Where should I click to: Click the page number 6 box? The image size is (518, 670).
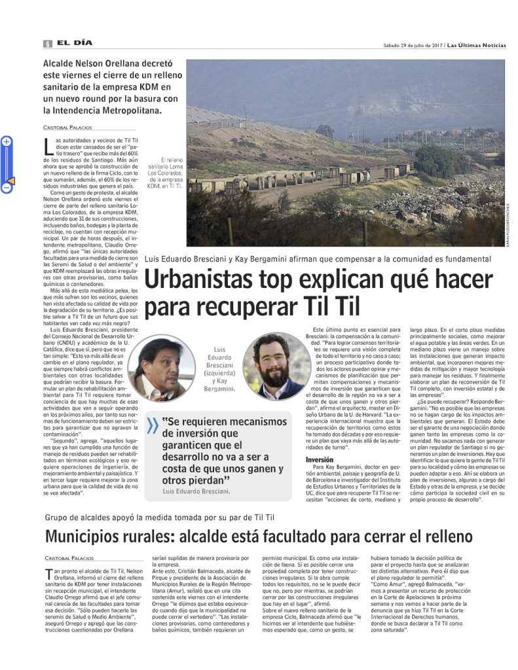coord(48,43)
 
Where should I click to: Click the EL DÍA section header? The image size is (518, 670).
coord(73,43)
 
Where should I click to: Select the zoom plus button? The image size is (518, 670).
coord(7,141)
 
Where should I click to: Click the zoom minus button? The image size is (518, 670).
coord(7,188)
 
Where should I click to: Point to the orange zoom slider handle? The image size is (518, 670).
coord(9,180)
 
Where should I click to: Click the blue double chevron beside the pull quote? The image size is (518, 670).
coord(152,426)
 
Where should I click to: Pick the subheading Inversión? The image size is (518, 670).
coord(319,460)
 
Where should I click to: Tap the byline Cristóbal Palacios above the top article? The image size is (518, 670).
coord(68,127)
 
